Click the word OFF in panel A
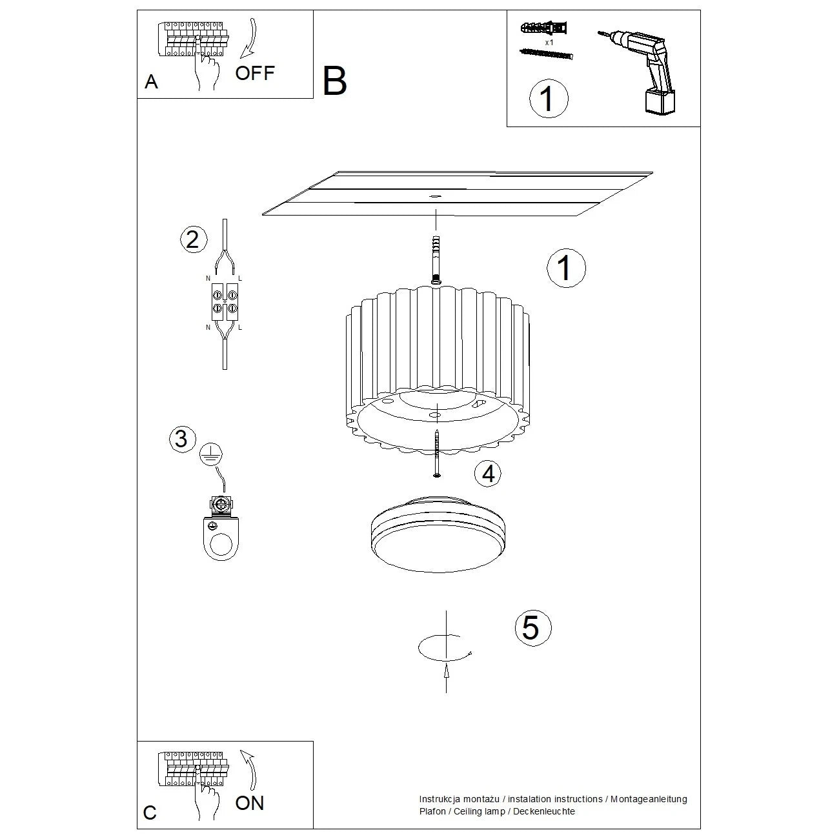tap(255, 73)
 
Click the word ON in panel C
tap(250, 803)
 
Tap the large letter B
tap(334, 82)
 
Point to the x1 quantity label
tap(549, 42)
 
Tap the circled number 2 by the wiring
tap(192, 239)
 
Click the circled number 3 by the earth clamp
tap(181, 439)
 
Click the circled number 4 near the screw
tap(488, 474)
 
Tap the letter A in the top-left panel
tap(151, 82)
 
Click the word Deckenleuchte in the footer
tap(544, 811)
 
